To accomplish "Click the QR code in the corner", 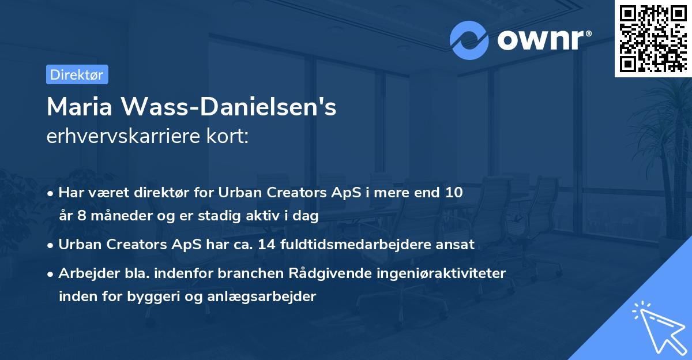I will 653,38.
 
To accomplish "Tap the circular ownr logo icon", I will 469,40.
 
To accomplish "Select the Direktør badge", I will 77,74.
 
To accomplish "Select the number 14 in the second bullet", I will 268,245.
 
